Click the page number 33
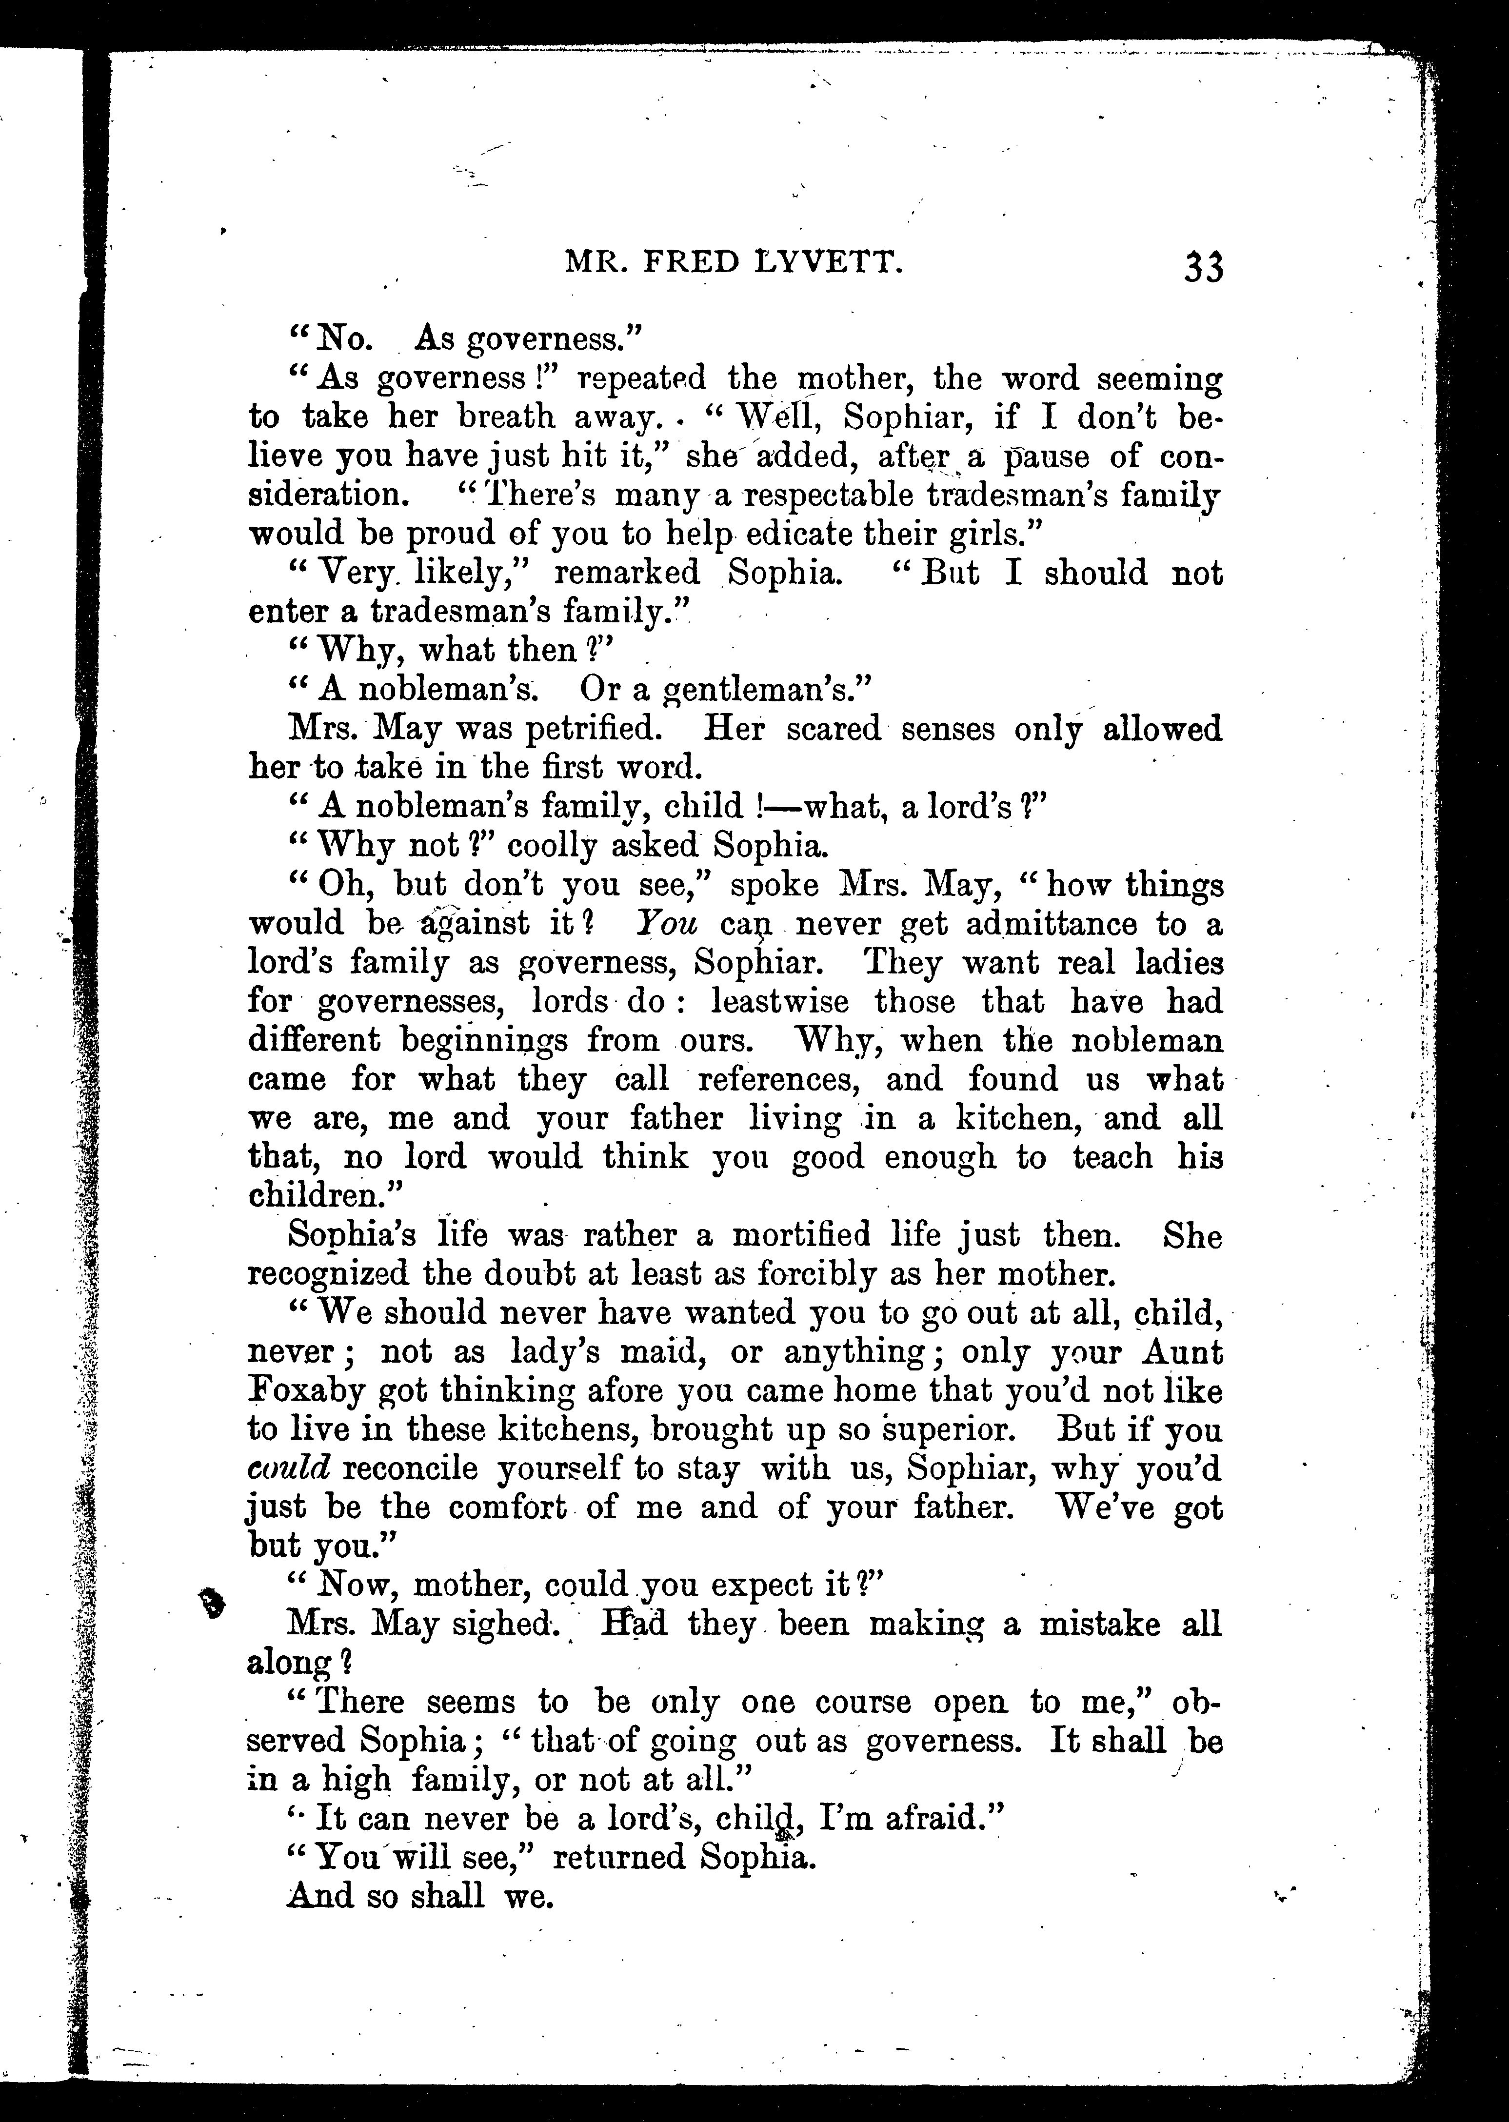point(1203,268)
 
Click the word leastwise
point(779,1002)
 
